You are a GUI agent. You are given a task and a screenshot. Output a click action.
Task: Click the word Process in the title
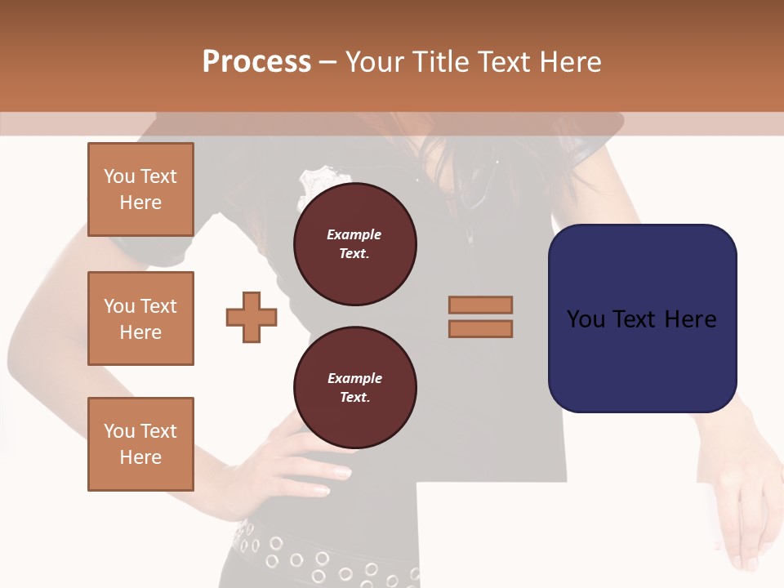[x=256, y=62]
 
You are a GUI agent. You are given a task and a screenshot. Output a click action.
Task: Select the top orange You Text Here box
[x=140, y=189]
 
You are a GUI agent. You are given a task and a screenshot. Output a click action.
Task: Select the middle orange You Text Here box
[x=140, y=318]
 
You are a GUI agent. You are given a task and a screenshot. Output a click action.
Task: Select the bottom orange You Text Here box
[x=140, y=444]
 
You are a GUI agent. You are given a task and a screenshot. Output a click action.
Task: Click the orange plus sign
[x=252, y=317]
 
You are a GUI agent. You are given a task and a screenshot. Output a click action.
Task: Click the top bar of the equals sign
[x=481, y=305]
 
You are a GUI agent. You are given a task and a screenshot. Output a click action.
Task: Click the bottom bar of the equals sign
[x=481, y=329]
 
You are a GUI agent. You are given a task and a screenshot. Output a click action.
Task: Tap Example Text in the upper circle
[x=354, y=243]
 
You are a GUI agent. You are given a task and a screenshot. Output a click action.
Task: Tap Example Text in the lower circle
[x=354, y=387]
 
